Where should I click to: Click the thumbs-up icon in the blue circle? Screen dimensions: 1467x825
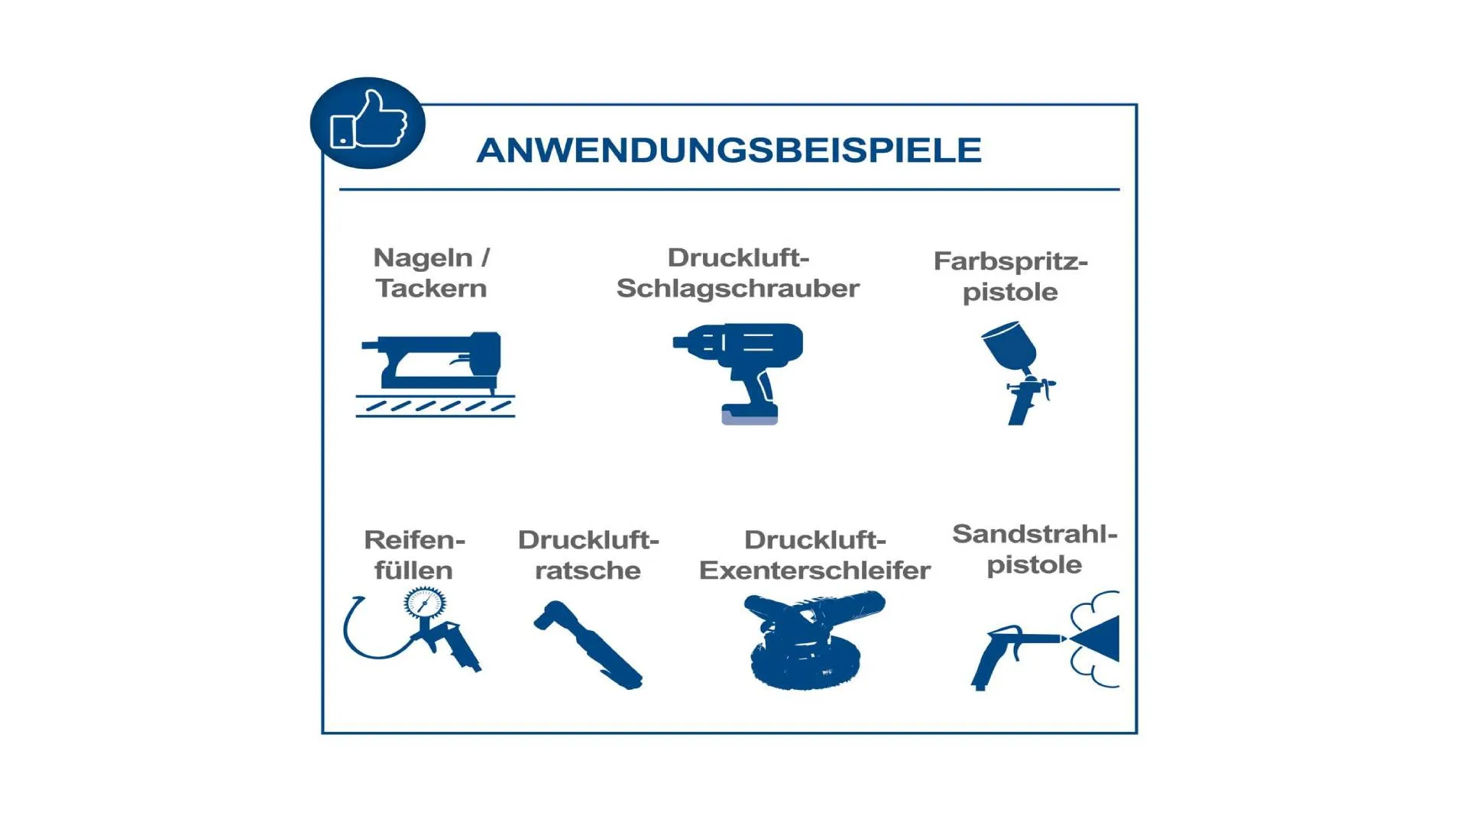pos(368,120)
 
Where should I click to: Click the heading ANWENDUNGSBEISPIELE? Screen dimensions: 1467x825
pos(729,150)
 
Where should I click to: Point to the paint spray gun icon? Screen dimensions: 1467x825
pos(1018,372)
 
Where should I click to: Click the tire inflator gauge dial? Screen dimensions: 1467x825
pos(425,603)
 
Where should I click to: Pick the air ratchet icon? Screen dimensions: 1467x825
pos(588,644)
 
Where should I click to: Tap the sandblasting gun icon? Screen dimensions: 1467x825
pos(1045,640)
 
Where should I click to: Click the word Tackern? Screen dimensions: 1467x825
pos(431,289)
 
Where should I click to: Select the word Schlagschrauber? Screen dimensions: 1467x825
pos(738,289)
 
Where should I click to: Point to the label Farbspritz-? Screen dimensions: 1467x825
pos(1010,261)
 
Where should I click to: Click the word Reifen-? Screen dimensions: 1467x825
pos(414,540)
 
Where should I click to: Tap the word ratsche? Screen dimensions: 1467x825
pos(588,571)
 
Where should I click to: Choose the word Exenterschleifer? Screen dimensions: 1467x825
pos(814,571)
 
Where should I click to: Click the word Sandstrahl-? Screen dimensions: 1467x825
pos(1035,534)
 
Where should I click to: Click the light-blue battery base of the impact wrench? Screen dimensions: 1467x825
pos(750,416)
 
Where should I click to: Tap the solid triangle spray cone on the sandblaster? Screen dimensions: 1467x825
pos(1098,638)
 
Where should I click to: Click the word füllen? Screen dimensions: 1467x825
pos(413,571)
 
